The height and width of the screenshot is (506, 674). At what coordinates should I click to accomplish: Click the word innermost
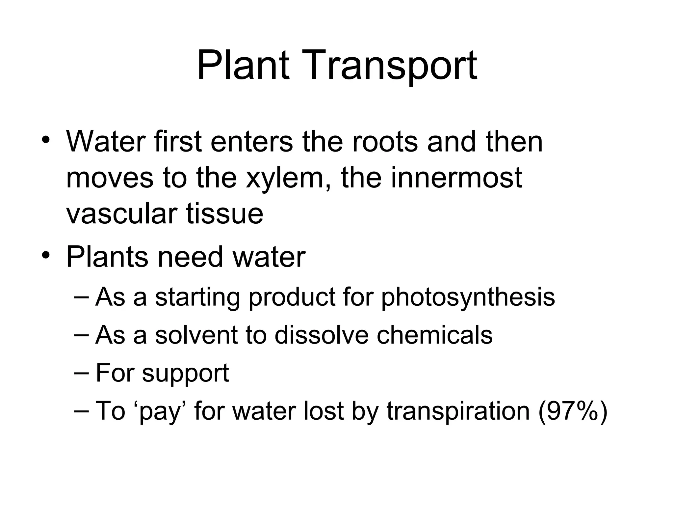coord(456,178)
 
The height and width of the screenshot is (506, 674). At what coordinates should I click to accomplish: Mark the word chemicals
coord(434,335)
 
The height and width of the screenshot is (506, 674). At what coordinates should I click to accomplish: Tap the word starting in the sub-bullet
coord(197,297)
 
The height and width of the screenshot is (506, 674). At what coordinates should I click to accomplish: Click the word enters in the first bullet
coord(252,142)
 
